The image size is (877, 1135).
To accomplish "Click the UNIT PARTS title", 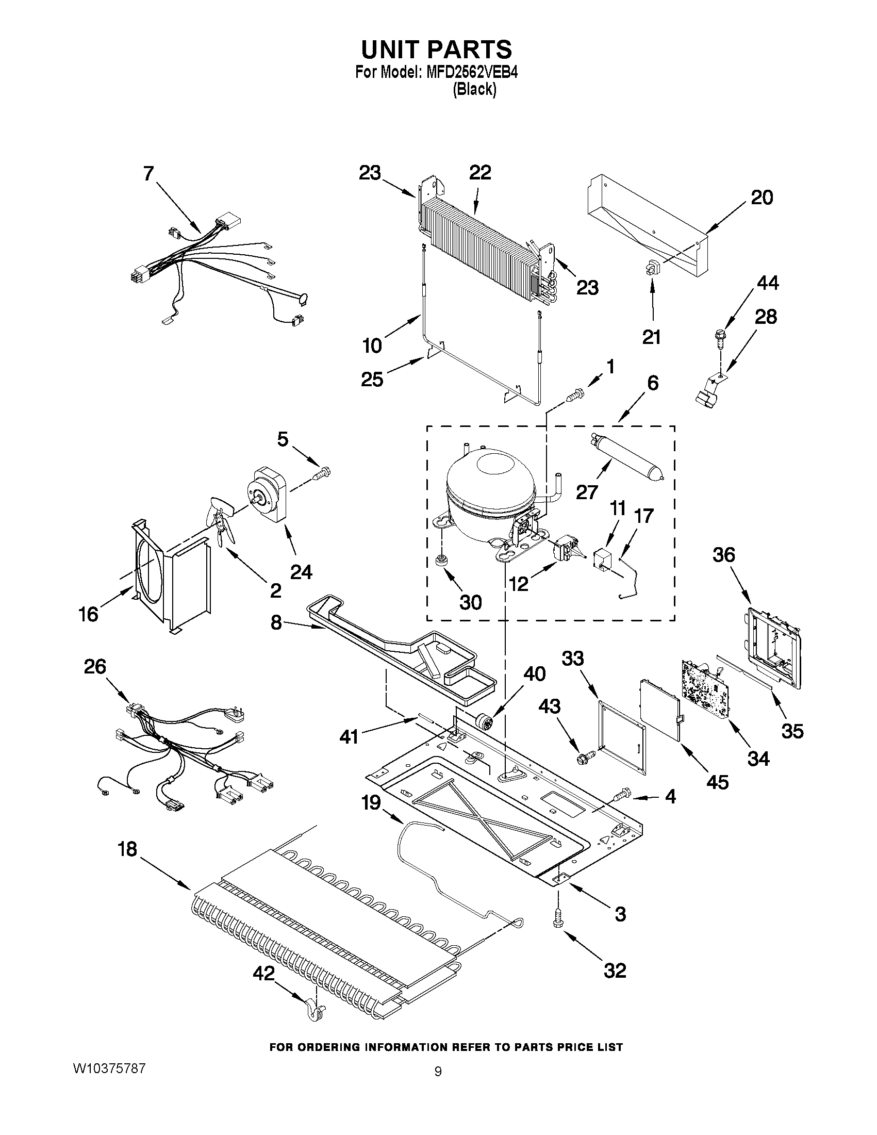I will (x=436, y=50).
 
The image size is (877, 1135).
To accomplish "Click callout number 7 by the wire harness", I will (x=149, y=173).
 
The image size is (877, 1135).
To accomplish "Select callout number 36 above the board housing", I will (x=724, y=555).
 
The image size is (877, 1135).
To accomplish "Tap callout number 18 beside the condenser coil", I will (x=127, y=849).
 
